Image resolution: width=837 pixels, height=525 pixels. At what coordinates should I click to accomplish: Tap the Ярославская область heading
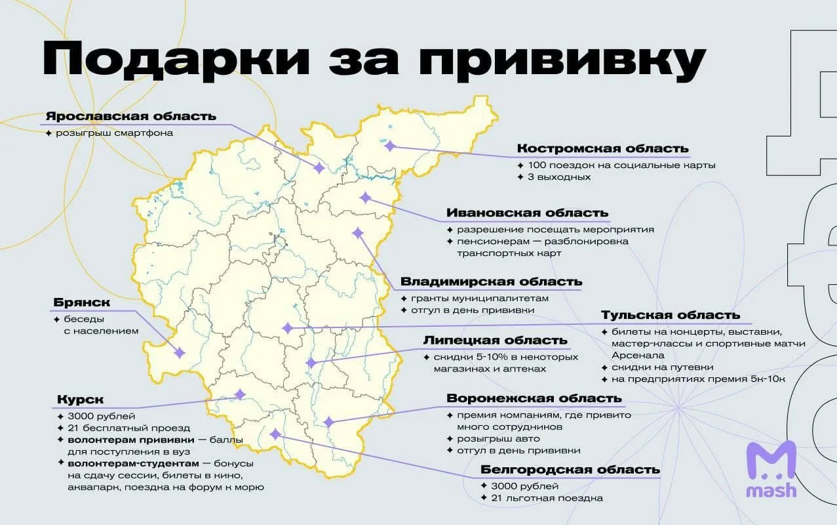(x=130, y=116)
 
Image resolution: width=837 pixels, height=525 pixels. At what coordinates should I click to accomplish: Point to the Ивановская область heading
(x=527, y=213)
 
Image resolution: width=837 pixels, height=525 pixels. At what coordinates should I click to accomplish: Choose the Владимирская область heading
(x=491, y=282)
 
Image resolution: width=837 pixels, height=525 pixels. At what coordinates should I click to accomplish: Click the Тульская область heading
(x=671, y=315)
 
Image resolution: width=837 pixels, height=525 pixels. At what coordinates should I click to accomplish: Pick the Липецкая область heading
(x=495, y=340)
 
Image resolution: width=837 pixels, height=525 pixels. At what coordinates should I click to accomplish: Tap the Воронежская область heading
(x=534, y=398)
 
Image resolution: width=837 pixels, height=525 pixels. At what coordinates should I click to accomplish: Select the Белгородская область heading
(x=570, y=469)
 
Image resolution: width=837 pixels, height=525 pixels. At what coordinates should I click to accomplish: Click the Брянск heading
(x=81, y=303)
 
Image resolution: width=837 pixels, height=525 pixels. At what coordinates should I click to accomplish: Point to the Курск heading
(x=80, y=399)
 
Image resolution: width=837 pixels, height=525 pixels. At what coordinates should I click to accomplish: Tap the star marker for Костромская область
(x=391, y=146)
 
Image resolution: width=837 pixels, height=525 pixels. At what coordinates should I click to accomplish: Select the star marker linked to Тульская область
(x=287, y=328)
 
